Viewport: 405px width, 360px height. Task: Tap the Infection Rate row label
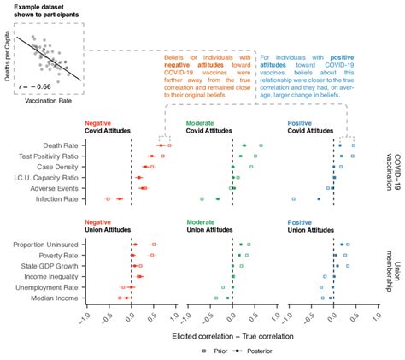tap(55, 198)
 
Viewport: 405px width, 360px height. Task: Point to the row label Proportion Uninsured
tap(44, 245)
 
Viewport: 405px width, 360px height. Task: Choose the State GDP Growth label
tap(48, 266)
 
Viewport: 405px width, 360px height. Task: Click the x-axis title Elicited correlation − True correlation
tap(232, 335)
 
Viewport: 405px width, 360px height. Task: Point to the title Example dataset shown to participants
tap(41, 10)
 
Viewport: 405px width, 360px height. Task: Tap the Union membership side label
tap(395, 271)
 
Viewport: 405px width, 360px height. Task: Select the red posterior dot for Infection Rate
tap(120, 198)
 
